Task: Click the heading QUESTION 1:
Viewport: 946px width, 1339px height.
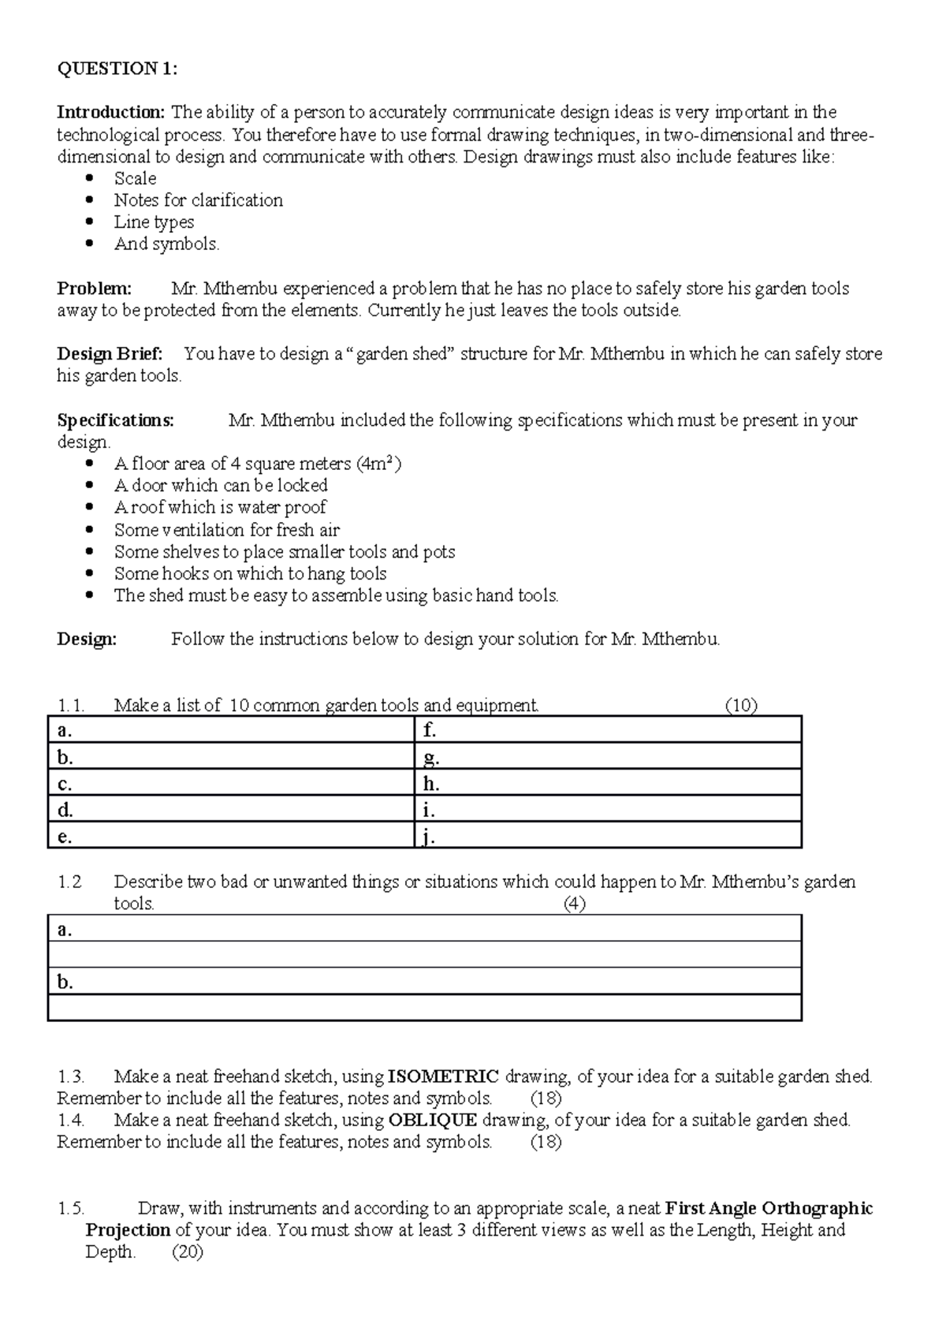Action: click(x=117, y=69)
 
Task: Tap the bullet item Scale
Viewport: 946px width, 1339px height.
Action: click(x=135, y=178)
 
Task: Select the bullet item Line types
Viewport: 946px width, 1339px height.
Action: click(x=154, y=222)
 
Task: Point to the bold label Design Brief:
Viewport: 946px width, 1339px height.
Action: click(x=110, y=354)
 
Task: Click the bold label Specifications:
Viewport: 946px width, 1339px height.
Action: click(x=115, y=420)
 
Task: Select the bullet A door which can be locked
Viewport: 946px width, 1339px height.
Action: click(x=221, y=486)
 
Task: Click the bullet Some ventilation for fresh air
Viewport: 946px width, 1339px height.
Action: click(x=227, y=530)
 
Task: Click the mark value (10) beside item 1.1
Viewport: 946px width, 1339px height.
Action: click(x=740, y=706)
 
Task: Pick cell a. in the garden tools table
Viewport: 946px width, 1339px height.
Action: click(x=231, y=730)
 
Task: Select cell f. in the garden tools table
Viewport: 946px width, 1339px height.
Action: click(x=608, y=730)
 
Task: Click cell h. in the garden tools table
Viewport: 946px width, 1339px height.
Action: click(x=608, y=784)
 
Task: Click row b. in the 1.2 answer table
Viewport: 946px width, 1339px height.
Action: click(x=424, y=982)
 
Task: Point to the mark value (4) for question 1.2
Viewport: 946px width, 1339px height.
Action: click(x=574, y=904)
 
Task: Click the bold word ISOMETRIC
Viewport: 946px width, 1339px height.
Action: click(x=444, y=1076)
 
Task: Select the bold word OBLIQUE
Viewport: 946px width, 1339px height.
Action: click(x=433, y=1120)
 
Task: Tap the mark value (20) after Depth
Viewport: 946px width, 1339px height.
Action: click(x=187, y=1252)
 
